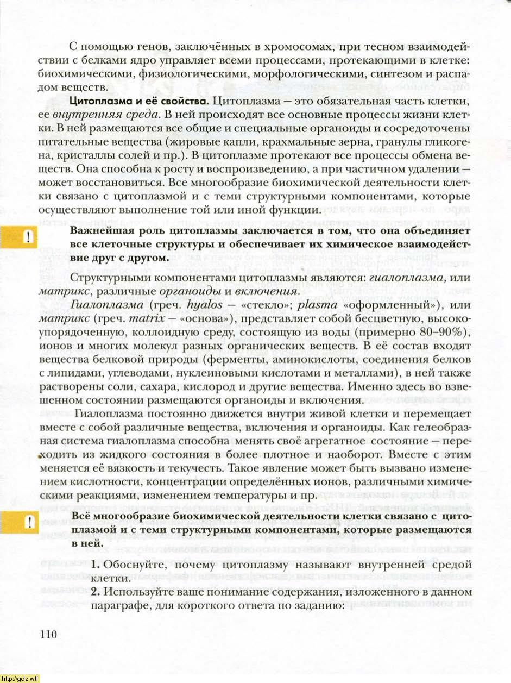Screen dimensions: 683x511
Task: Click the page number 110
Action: pos(48,635)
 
